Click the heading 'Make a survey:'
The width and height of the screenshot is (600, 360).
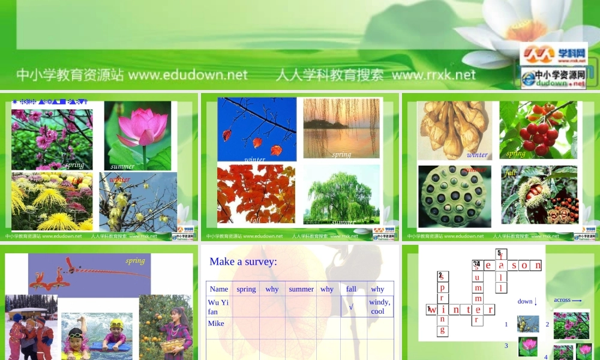pyautogui.click(x=243, y=262)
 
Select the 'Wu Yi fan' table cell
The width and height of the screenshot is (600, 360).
pyautogui.click(x=218, y=307)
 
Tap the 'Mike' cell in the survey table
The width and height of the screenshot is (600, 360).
pyautogui.click(x=216, y=323)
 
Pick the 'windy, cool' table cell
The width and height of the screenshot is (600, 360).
pyautogui.click(x=379, y=307)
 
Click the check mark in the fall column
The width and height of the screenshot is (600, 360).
pyautogui.click(x=352, y=307)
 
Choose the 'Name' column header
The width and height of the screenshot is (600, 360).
pyautogui.click(x=219, y=289)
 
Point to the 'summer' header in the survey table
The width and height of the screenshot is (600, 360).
pyautogui.click(x=301, y=289)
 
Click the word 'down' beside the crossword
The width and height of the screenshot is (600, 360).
pyautogui.click(x=525, y=301)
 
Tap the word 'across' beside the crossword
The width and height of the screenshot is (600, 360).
pyautogui.click(x=562, y=300)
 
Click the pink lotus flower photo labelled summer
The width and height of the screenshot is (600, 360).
pyautogui.click(x=137, y=135)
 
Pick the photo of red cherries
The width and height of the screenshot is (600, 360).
pyautogui.click(x=538, y=130)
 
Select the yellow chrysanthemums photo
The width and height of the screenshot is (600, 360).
pyautogui.click(x=52, y=202)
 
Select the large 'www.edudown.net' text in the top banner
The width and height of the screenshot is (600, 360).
pyautogui.click(x=188, y=75)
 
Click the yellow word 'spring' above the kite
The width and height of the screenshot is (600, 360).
pyautogui.click(x=135, y=260)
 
